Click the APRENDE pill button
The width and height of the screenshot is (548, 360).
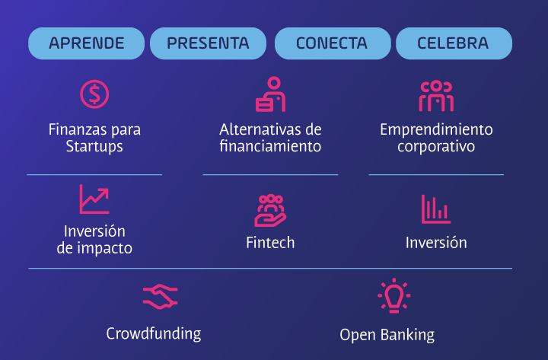point(86,43)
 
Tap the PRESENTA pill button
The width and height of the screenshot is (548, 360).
point(208,43)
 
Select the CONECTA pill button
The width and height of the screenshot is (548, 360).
point(333,43)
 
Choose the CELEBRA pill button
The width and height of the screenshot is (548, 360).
point(454,43)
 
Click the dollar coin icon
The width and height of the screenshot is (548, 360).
point(94,94)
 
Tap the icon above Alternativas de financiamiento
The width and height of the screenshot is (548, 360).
point(270,94)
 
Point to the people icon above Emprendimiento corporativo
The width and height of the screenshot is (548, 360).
point(436,96)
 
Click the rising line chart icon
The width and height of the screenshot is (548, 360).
point(94,199)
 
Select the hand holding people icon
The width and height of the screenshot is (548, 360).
point(270,210)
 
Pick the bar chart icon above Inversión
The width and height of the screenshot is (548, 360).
point(436,209)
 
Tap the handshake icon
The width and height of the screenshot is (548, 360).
point(161,297)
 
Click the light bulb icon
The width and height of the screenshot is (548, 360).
point(394,296)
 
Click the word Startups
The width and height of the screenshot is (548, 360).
point(94,146)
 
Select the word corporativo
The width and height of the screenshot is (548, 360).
point(436,146)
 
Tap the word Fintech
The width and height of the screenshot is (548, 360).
point(270,243)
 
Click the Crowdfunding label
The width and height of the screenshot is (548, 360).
point(154,334)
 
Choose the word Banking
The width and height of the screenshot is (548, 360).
point(407,335)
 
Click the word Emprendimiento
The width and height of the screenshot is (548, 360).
point(437,130)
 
